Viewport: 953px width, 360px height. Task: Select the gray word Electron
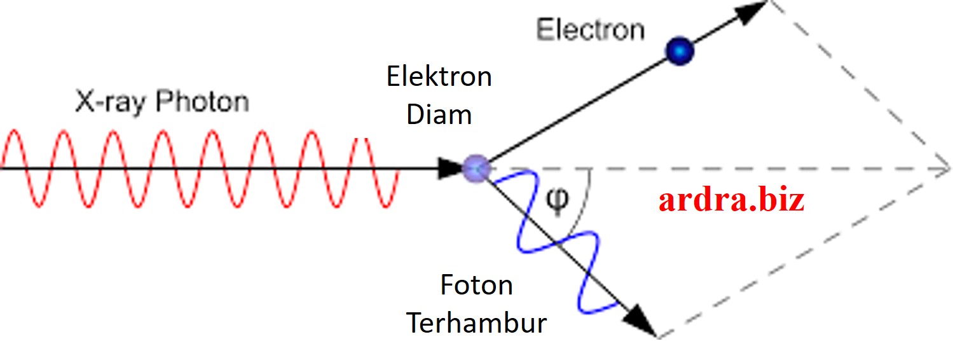pyautogui.click(x=590, y=30)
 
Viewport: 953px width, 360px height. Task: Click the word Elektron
pyautogui.click(x=439, y=77)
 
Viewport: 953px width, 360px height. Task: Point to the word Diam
pyautogui.click(x=439, y=115)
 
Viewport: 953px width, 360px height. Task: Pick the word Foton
pyautogui.click(x=476, y=285)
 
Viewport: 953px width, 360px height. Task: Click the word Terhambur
pyautogui.click(x=476, y=323)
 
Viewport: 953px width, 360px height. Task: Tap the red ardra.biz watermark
pyautogui.click(x=731, y=200)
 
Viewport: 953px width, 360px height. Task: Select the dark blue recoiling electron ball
pyautogui.click(x=679, y=51)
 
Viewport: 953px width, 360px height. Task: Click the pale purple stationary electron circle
pyautogui.click(x=476, y=169)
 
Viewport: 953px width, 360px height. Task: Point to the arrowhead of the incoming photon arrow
pyautogui.click(x=453, y=169)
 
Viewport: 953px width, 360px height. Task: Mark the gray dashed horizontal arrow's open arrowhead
pyautogui.click(x=941, y=170)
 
